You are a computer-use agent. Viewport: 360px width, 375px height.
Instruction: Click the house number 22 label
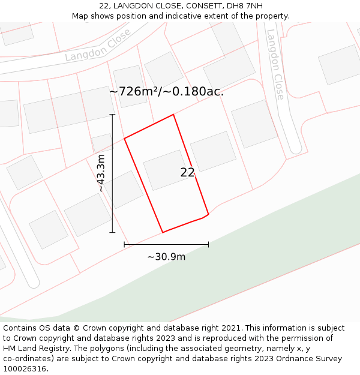[187, 173]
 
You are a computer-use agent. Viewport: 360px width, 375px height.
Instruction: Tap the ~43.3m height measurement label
[101, 173]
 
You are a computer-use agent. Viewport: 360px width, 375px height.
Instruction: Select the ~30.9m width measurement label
[166, 257]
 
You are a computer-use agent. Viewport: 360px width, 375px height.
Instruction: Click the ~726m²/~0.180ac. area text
[166, 92]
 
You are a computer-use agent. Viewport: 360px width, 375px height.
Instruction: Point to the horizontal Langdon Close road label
[98, 47]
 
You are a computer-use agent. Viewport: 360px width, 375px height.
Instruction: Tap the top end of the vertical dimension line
[112, 114]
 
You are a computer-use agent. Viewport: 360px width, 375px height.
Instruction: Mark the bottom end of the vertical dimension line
[112, 232]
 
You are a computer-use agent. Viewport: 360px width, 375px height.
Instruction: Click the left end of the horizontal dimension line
[124, 244]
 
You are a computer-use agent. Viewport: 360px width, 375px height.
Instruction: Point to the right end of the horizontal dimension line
[208, 244]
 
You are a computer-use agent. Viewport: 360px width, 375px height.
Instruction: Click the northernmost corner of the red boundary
[173, 115]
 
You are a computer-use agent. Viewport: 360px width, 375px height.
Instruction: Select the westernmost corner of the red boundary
[124, 139]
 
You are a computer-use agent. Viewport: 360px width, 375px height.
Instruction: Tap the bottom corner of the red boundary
[163, 232]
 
